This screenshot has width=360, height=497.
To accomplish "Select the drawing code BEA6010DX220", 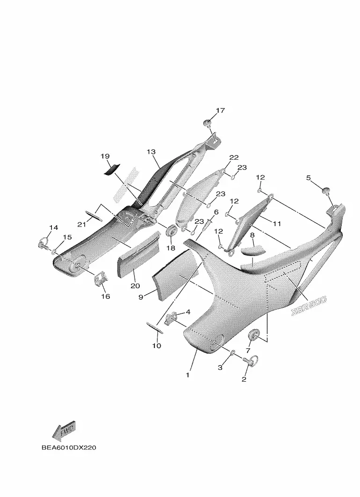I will click(68, 448).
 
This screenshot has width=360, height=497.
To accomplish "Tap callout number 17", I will click(220, 111).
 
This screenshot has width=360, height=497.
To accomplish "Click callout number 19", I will click(105, 156).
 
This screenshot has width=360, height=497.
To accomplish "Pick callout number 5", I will click(308, 177).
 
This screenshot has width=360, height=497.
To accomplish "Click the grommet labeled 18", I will click(171, 230).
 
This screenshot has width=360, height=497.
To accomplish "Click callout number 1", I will click(188, 375).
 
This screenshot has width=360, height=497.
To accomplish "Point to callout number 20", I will click(135, 285).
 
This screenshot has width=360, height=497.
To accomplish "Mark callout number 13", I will click(151, 152).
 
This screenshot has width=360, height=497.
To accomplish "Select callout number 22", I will click(234, 157).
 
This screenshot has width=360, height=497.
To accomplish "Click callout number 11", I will click(277, 224).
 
